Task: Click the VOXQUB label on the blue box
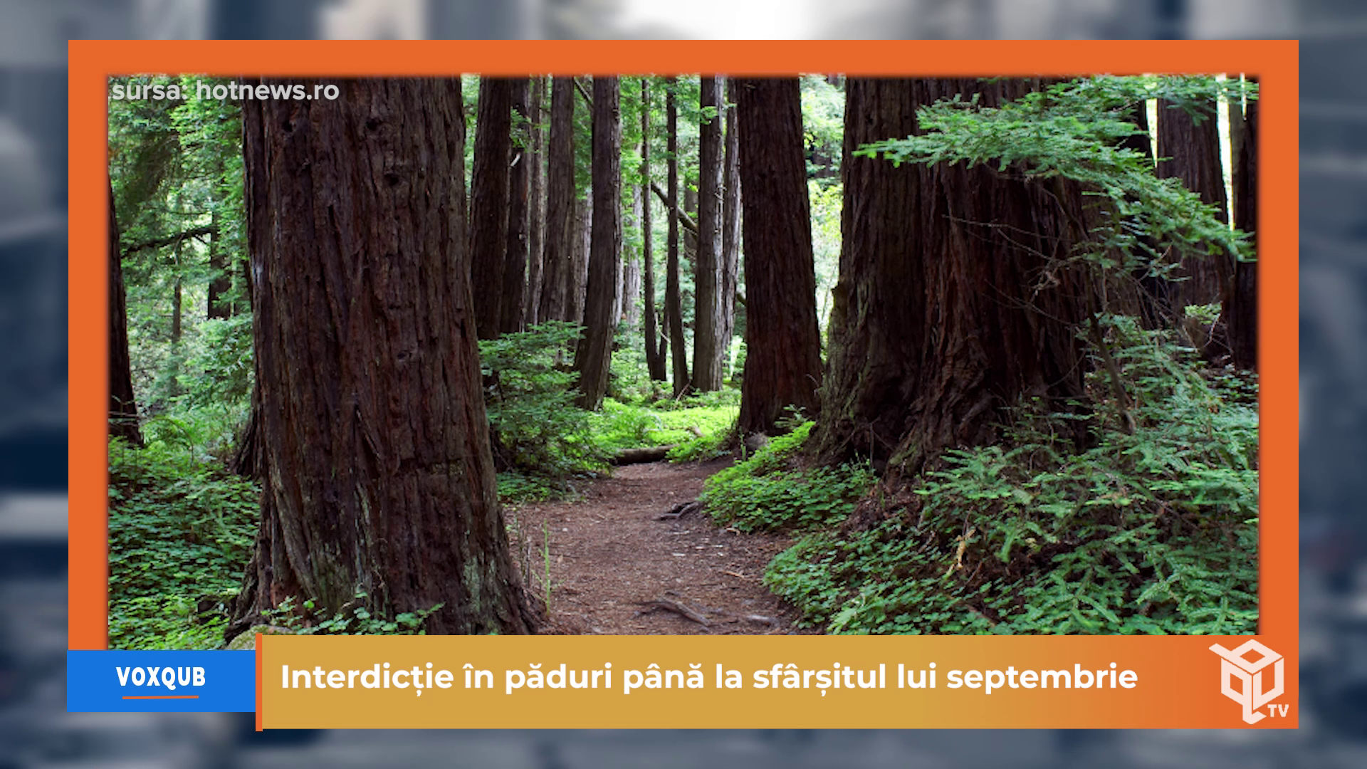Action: click(x=161, y=677)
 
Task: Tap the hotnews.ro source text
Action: click(x=267, y=91)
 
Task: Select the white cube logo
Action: click(x=1245, y=679)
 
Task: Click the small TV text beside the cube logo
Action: click(x=1277, y=711)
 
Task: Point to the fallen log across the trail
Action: click(x=641, y=454)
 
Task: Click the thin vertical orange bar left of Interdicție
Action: click(x=259, y=682)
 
